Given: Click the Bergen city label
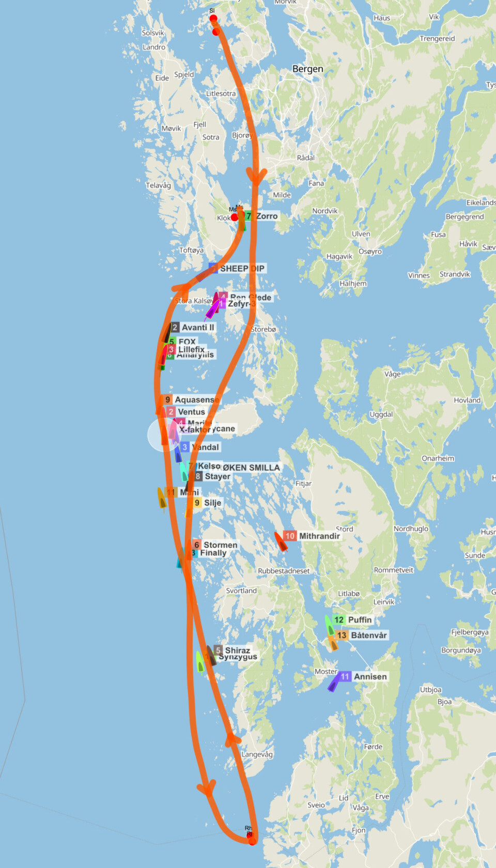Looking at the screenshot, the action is click(x=307, y=69).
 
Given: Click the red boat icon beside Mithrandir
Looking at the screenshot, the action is click(x=281, y=541).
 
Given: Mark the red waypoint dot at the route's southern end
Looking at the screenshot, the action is click(x=252, y=841).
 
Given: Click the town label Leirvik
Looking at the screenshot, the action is click(x=383, y=601).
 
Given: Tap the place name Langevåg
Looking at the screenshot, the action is click(x=257, y=754).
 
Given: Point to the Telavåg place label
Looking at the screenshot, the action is click(x=158, y=185).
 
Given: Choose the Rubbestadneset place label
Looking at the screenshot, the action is click(x=284, y=571).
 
